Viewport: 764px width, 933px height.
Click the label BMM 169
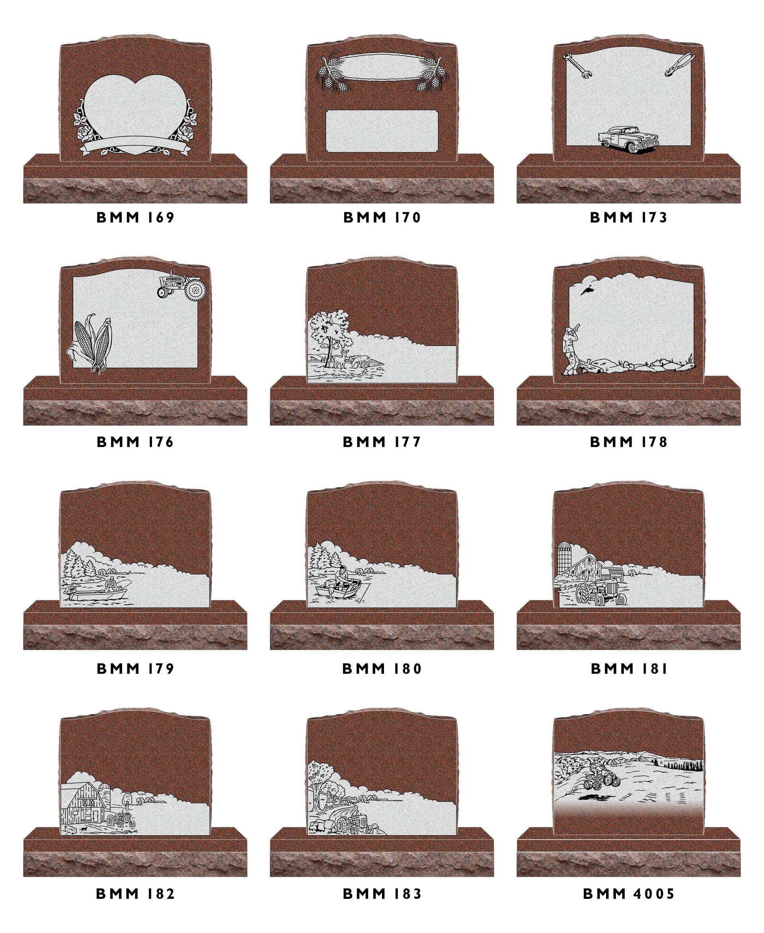[136, 217]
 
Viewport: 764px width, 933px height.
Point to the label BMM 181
[629, 669]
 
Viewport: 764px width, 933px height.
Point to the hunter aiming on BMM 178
[571, 349]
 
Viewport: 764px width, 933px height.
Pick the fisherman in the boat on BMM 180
[341, 577]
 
